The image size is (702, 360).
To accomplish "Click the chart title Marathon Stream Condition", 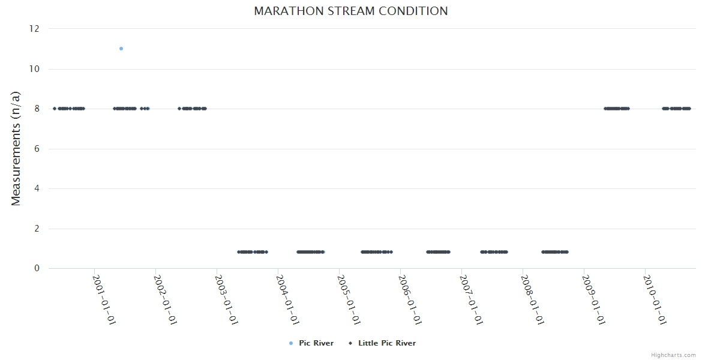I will coord(350,11).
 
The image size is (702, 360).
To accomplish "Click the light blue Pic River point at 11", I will coord(121,49).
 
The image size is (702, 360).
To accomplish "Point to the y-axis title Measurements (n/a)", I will coord(16,148).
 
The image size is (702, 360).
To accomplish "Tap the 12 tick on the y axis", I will coord(34,29).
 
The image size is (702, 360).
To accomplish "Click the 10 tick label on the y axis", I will coord(34,69).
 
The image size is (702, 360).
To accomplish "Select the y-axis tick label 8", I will coord(37,109).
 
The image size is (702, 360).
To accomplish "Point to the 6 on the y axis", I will coord(37,149).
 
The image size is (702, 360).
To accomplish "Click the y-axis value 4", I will coord(37,188).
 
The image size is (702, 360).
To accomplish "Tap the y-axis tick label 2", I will coord(37,229).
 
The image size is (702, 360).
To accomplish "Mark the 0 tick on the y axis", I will coord(37,268).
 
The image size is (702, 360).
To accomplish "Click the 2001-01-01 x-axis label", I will coord(104,299).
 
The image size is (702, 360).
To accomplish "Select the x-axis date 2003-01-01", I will coord(226,299).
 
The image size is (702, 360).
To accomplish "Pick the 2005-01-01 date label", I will coord(349,299).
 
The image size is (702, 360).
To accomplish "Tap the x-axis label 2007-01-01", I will coord(471,299).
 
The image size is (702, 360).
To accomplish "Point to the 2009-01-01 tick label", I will coord(593,299).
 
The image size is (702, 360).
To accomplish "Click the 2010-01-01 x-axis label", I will coord(655,299).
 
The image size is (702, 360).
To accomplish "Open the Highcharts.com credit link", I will coord(673,355).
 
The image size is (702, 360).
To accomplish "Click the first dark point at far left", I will coord(55,109).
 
